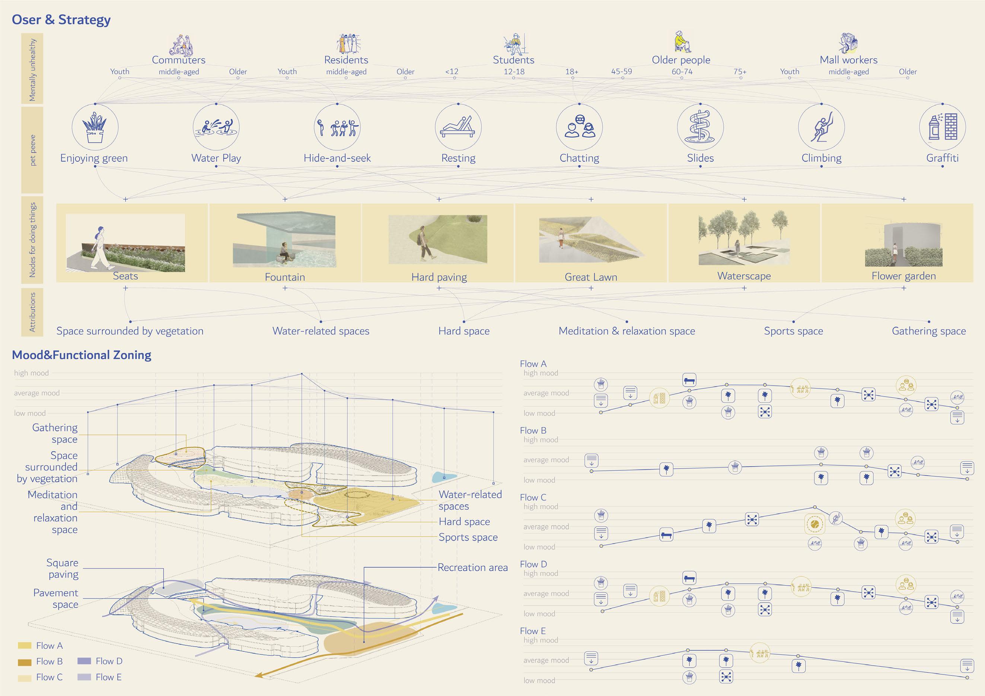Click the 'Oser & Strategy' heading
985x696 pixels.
(61, 20)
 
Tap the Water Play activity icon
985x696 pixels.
(216, 127)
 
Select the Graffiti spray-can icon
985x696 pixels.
(942, 127)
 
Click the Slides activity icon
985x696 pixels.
(700, 127)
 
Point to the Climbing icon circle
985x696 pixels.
(821, 127)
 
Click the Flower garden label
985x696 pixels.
(903, 276)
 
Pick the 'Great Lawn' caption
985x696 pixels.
(591, 277)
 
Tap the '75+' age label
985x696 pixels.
(740, 72)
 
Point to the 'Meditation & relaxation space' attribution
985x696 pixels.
(627, 331)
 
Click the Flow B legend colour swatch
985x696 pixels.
(25, 662)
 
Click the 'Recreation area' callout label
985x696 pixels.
(472, 567)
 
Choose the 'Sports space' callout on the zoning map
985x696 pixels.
(468, 537)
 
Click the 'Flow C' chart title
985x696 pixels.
(533, 497)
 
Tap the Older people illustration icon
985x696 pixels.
(681, 42)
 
